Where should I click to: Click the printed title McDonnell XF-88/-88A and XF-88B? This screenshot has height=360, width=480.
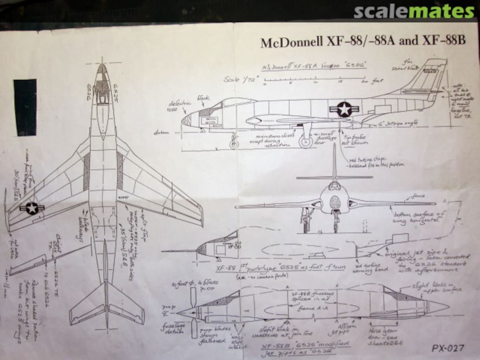click(x=363, y=41)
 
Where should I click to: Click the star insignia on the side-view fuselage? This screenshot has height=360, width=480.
click(x=344, y=109)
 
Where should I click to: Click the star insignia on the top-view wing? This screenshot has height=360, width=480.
click(x=32, y=208)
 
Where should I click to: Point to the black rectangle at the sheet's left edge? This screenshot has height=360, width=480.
click(x=25, y=107)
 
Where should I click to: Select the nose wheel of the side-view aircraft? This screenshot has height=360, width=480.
click(x=234, y=144)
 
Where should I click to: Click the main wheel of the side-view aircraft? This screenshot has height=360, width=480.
click(x=305, y=141)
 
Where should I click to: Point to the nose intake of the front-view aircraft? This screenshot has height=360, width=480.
click(x=335, y=203)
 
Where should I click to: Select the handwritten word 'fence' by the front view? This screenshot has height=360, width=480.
click(x=418, y=196)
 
